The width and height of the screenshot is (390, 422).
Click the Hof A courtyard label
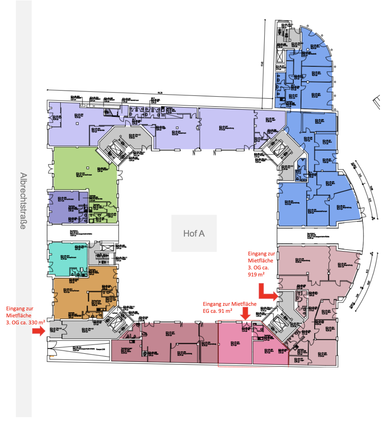coord(194,233)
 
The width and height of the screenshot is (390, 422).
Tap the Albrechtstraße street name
coord(23,201)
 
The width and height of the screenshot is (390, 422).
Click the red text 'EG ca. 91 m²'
coord(217,311)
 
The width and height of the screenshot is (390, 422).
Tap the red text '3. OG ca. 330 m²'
coord(26,322)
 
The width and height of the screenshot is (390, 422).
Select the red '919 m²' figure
coord(256,274)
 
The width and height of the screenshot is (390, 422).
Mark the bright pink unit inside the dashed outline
coord(235,345)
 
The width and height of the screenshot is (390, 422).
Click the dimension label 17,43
coord(262,64)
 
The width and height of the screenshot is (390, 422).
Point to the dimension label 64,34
coord(160,93)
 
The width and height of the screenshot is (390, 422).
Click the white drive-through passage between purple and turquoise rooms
coord(82,233)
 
